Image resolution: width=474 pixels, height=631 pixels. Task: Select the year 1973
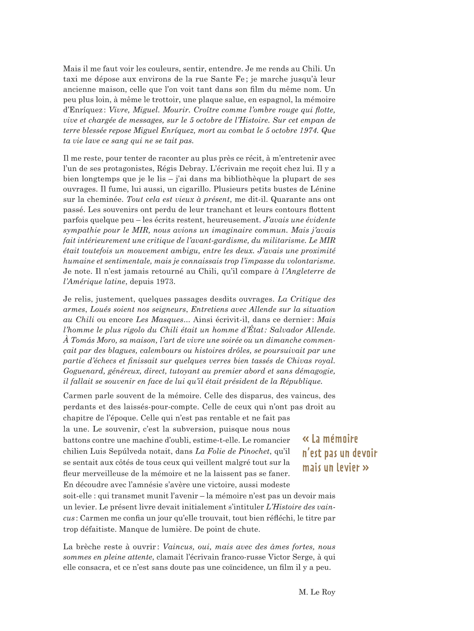(x=165, y=281)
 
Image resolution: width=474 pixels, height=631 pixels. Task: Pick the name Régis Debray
(x=181, y=169)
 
